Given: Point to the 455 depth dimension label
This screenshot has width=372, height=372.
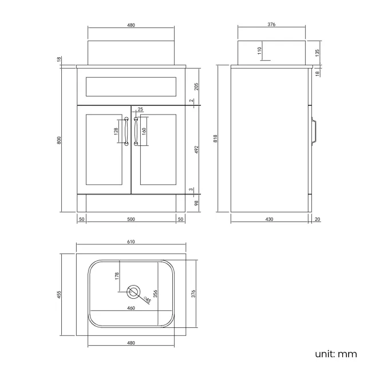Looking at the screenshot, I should pyautogui.click(x=59, y=295).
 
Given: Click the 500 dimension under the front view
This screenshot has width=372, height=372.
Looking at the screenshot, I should pyautogui.click(x=130, y=219).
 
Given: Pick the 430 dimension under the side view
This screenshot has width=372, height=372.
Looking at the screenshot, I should pyautogui.click(x=269, y=219).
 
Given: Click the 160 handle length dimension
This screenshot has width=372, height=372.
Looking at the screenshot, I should pyautogui.click(x=144, y=131).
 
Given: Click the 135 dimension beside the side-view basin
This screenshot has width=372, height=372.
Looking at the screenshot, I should pyautogui.click(x=317, y=53).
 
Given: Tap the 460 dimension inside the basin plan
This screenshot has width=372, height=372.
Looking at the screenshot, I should pyautogui.click(x=130, y=308).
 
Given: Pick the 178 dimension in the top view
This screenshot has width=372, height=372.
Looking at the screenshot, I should pyautogui.click(x=116, y=275).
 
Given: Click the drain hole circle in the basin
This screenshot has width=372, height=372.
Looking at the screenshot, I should pyautogui.click(x=133, y=292).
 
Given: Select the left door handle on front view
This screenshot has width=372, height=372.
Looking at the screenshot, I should pyautogui.click(x=125, y=132).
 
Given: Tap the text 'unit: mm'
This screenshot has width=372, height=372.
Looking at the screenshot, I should pyautogui.click(x=336, y=354).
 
